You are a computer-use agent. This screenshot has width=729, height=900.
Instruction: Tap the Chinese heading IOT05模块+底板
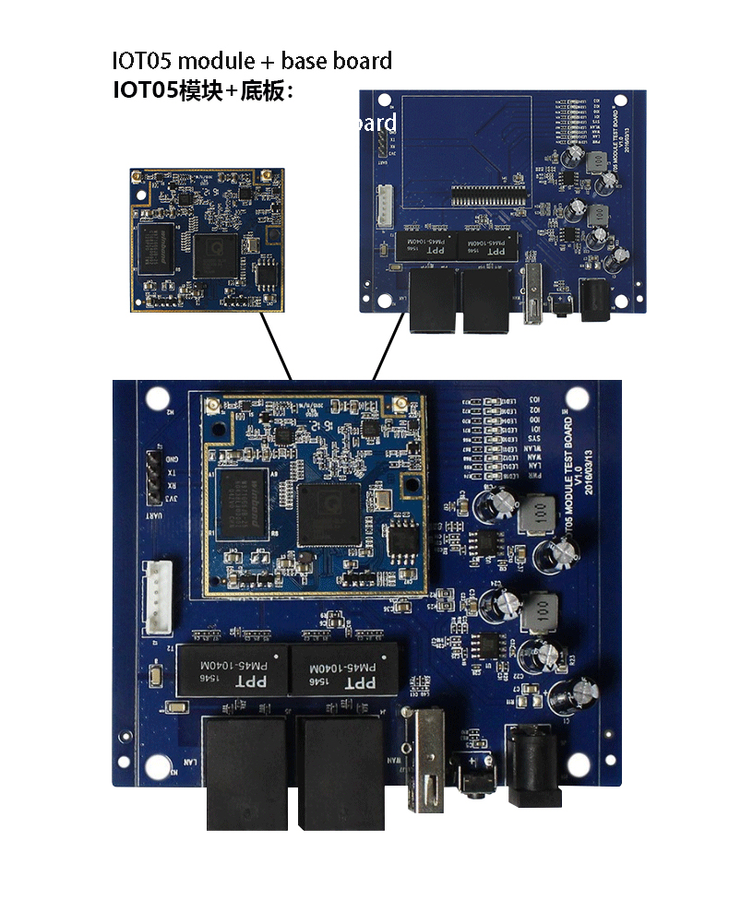203,91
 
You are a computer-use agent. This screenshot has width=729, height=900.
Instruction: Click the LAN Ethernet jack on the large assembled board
245,765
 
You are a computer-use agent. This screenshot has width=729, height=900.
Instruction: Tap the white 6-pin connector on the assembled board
158,600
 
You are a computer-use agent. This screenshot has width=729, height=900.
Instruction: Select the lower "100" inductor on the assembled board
541,610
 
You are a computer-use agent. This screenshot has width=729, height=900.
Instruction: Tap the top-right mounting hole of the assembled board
578,398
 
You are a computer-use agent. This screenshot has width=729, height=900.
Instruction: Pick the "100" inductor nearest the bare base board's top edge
599,159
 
